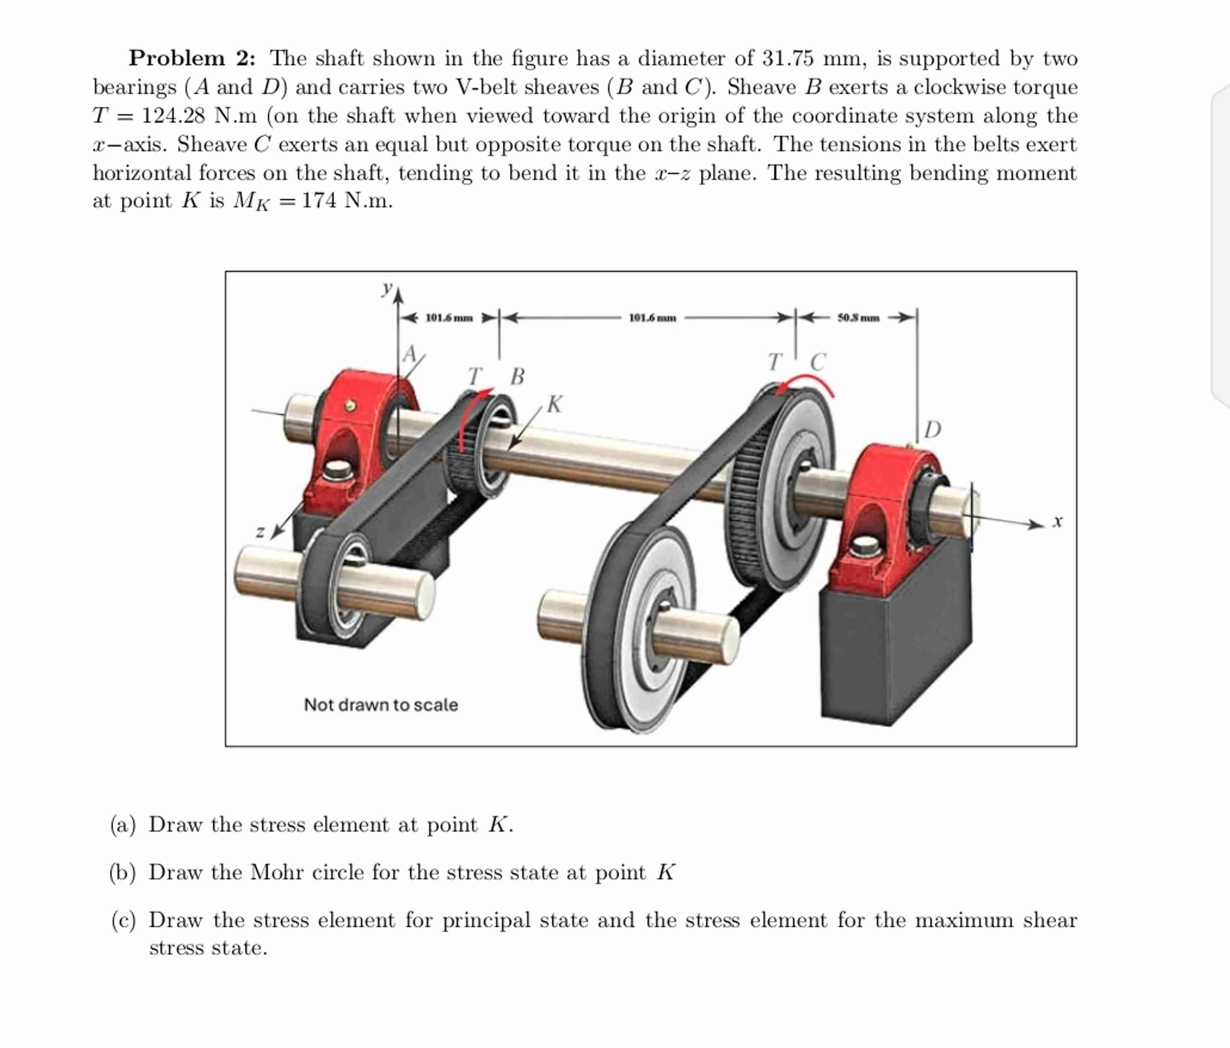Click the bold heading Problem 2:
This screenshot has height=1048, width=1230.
click(x=192, y=58)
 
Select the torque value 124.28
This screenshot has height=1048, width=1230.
click(x=173, y=116)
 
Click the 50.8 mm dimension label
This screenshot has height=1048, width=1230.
click(x=858, y=318)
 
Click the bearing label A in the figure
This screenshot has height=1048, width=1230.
click(x=409, y=354)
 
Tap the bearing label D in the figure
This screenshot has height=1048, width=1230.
click(x=933, y=429)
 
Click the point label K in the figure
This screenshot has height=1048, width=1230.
click(x=554, y=404)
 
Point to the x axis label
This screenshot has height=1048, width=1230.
click(x=1057, y=522)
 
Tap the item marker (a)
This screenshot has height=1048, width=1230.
click(x=123, y=825)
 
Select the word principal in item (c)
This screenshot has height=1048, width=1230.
click(x=485, y=920)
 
